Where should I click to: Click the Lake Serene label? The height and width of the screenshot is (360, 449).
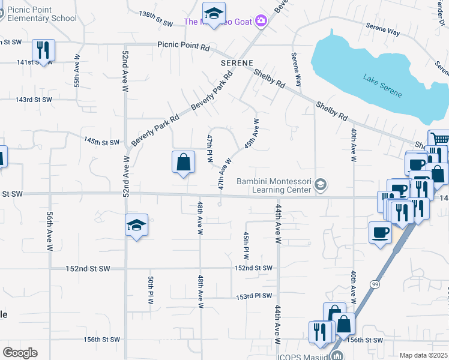point(382,86)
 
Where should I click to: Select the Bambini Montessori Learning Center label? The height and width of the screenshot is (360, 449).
point(275,185)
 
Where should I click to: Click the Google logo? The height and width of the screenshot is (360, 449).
point(19,353)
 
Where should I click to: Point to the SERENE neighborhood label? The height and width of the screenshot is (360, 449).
point(237,62)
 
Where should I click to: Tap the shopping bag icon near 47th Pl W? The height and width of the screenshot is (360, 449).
point(183,162)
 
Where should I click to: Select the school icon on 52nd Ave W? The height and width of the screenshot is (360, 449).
point(136,226)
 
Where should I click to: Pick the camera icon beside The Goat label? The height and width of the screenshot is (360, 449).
point(261,22)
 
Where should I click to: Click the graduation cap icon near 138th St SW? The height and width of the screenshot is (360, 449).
point(213,13)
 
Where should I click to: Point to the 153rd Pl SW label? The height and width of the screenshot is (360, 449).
point(254,296)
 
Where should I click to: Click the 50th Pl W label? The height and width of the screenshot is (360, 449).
point(151,290)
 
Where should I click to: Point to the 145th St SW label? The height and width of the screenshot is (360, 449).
point(102,142)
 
